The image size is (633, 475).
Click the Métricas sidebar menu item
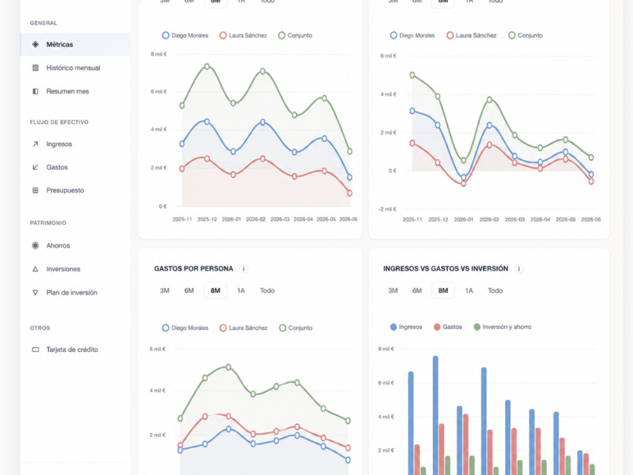60,44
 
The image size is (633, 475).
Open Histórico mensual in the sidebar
73,68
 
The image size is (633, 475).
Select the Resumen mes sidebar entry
68,91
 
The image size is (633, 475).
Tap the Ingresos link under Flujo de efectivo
59,144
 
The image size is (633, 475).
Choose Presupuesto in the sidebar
65,190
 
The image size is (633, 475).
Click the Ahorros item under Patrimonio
58,246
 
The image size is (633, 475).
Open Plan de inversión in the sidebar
72,293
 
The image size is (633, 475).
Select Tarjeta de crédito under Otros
72,350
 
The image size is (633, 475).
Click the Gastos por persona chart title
193,269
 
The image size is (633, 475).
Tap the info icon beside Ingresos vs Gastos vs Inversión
519,269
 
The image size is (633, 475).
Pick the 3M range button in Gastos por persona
165,291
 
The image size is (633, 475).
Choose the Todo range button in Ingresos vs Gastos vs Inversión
495,291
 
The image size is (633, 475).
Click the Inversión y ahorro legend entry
503,327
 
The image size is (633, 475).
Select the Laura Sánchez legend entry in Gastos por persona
244,328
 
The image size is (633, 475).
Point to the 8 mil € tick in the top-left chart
159,54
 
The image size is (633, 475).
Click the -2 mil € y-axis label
387,209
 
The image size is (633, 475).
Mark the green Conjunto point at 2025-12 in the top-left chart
207,66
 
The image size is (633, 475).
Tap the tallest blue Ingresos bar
436,415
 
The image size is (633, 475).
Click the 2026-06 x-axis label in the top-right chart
591,219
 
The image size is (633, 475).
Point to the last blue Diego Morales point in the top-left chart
349,177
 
